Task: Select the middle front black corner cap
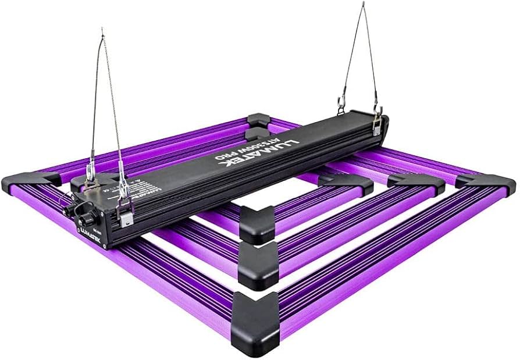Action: (258, 263)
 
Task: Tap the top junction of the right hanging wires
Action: (364, 5)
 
